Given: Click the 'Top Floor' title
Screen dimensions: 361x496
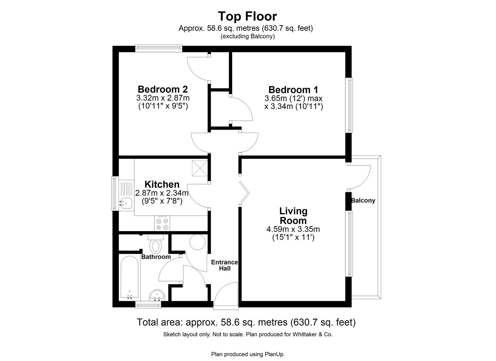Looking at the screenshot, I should [x=247, y=16].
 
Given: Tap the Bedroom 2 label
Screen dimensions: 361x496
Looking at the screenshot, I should [x=163, y=89].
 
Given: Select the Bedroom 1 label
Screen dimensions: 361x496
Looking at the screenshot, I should [x=293, y=90].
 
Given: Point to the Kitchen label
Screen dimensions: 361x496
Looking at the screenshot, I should [x=162, y=184].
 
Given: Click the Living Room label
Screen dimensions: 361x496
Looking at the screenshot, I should [x=293, y=216].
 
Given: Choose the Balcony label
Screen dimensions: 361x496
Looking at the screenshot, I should [x=363, y=201].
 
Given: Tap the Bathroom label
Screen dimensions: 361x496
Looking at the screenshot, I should [x=156, y=257].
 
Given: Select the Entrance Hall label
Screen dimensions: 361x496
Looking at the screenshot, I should [x=224, y=265].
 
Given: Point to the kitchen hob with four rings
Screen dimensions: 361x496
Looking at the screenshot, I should [x=162, y=224].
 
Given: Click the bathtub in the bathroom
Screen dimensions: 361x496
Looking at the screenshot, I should [x=129, y=277].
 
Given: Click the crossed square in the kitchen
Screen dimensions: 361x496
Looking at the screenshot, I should [x=200, y=168].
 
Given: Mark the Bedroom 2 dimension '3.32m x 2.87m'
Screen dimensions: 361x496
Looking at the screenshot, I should [x=163, y=98].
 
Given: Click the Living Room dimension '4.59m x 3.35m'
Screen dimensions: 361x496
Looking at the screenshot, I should [x=293, y=229].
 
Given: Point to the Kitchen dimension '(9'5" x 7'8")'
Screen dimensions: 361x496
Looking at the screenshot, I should [x=162, y=201].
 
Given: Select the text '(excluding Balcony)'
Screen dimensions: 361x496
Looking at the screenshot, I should [x=247, y=36].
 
